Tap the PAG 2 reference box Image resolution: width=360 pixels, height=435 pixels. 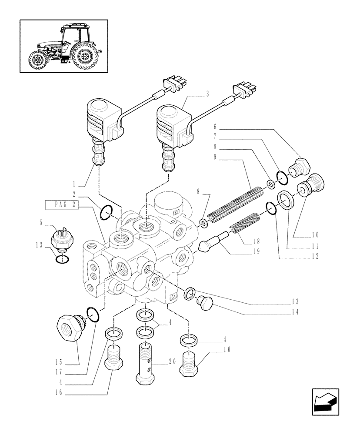[62, 205]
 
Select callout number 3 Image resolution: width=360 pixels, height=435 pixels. [207, 94]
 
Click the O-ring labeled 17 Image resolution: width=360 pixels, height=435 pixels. [93, 312]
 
